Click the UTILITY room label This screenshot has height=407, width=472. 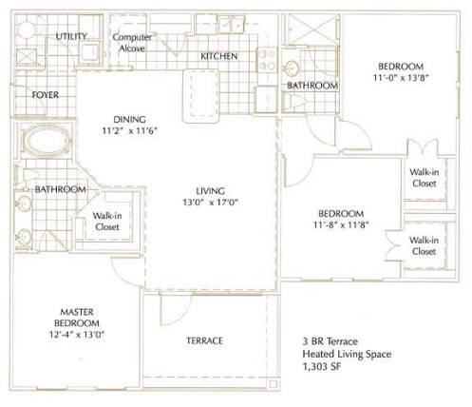point(71,36)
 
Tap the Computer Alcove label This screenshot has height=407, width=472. point(133,43)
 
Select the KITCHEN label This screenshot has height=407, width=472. point(218,56)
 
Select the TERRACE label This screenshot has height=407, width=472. point(204,340)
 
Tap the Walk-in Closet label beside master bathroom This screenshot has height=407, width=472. point(106,222)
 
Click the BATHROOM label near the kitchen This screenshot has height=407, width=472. point(312,86)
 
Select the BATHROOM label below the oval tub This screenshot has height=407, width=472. point(61,189)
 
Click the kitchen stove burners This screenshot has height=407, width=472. point(268,61)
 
